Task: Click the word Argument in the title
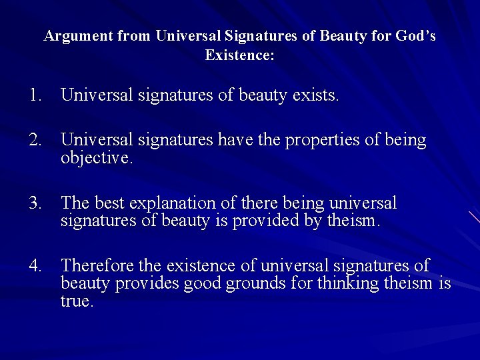[78, 37]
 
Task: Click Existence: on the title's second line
[240, 55]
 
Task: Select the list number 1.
[35, 95]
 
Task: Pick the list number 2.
[35, 140]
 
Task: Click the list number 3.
[35, 203]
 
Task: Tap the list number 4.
[35, 266]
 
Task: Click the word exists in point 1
[315, 95]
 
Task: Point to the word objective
[97, 157]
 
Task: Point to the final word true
[77, 301]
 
